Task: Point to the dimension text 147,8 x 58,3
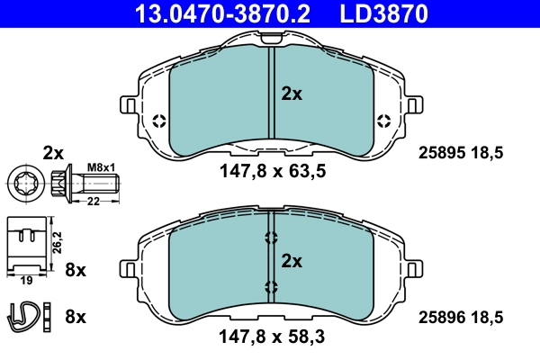pos(271,338)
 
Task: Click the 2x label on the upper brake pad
pos(292,93)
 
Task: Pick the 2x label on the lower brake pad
pos(292,262)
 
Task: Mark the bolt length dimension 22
pos(92,202)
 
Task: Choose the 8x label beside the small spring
pos(76,317)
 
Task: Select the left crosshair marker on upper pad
pos(159,121)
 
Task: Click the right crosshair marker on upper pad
pos(382,121)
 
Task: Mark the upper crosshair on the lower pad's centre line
pos(270,238)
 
